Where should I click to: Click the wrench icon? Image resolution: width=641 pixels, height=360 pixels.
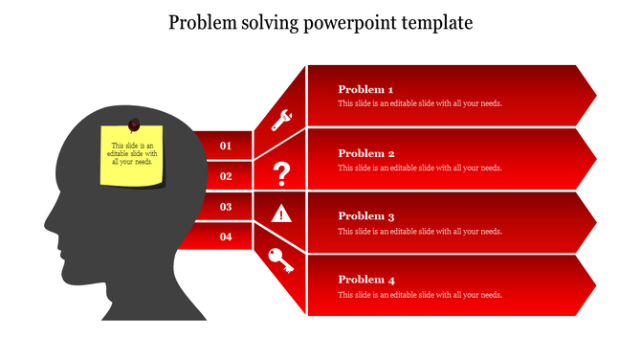pos(281,121)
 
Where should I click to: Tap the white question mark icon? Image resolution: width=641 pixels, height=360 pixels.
pos(281,173)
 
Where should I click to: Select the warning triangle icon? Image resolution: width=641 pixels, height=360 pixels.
pos(281,214)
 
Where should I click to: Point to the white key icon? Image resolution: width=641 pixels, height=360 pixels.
pos(281,260)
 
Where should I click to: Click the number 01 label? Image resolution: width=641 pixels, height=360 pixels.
pos(226,146)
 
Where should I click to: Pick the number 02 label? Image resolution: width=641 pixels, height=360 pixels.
pos(226,176)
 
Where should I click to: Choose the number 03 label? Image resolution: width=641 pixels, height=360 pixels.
pos(226,207)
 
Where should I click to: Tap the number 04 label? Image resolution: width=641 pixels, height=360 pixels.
pos(226,236)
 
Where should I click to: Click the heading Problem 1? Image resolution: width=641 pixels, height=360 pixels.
pos(366,89)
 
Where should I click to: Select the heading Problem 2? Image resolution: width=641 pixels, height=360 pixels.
pos(366,153)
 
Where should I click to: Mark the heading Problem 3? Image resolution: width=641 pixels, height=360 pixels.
pos(366,216)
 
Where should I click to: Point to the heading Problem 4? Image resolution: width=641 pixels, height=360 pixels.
pos(366,280)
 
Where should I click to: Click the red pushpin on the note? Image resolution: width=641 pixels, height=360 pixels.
pos(134,124)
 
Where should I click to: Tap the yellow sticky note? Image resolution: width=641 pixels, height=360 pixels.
pos(133,156)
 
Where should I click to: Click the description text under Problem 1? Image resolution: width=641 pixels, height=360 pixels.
pos(420,103)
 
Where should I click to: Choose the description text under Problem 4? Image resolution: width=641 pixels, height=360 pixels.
pos(420,295)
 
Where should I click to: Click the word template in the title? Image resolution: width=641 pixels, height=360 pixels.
pos(439,23)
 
